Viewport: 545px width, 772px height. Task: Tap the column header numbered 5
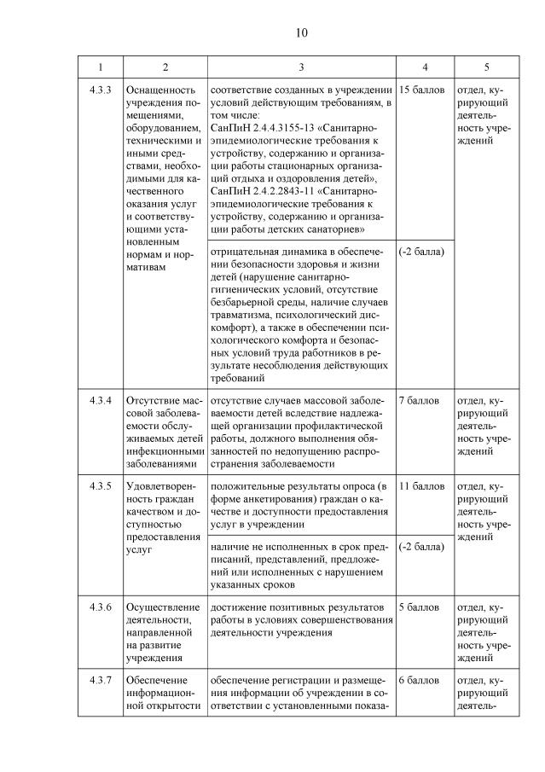486,67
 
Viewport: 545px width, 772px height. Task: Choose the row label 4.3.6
100,607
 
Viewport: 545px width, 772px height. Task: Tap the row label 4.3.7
100,681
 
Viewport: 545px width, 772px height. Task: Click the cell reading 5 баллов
418,607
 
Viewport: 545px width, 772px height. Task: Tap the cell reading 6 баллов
418,681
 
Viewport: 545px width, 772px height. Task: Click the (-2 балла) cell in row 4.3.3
421,252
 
